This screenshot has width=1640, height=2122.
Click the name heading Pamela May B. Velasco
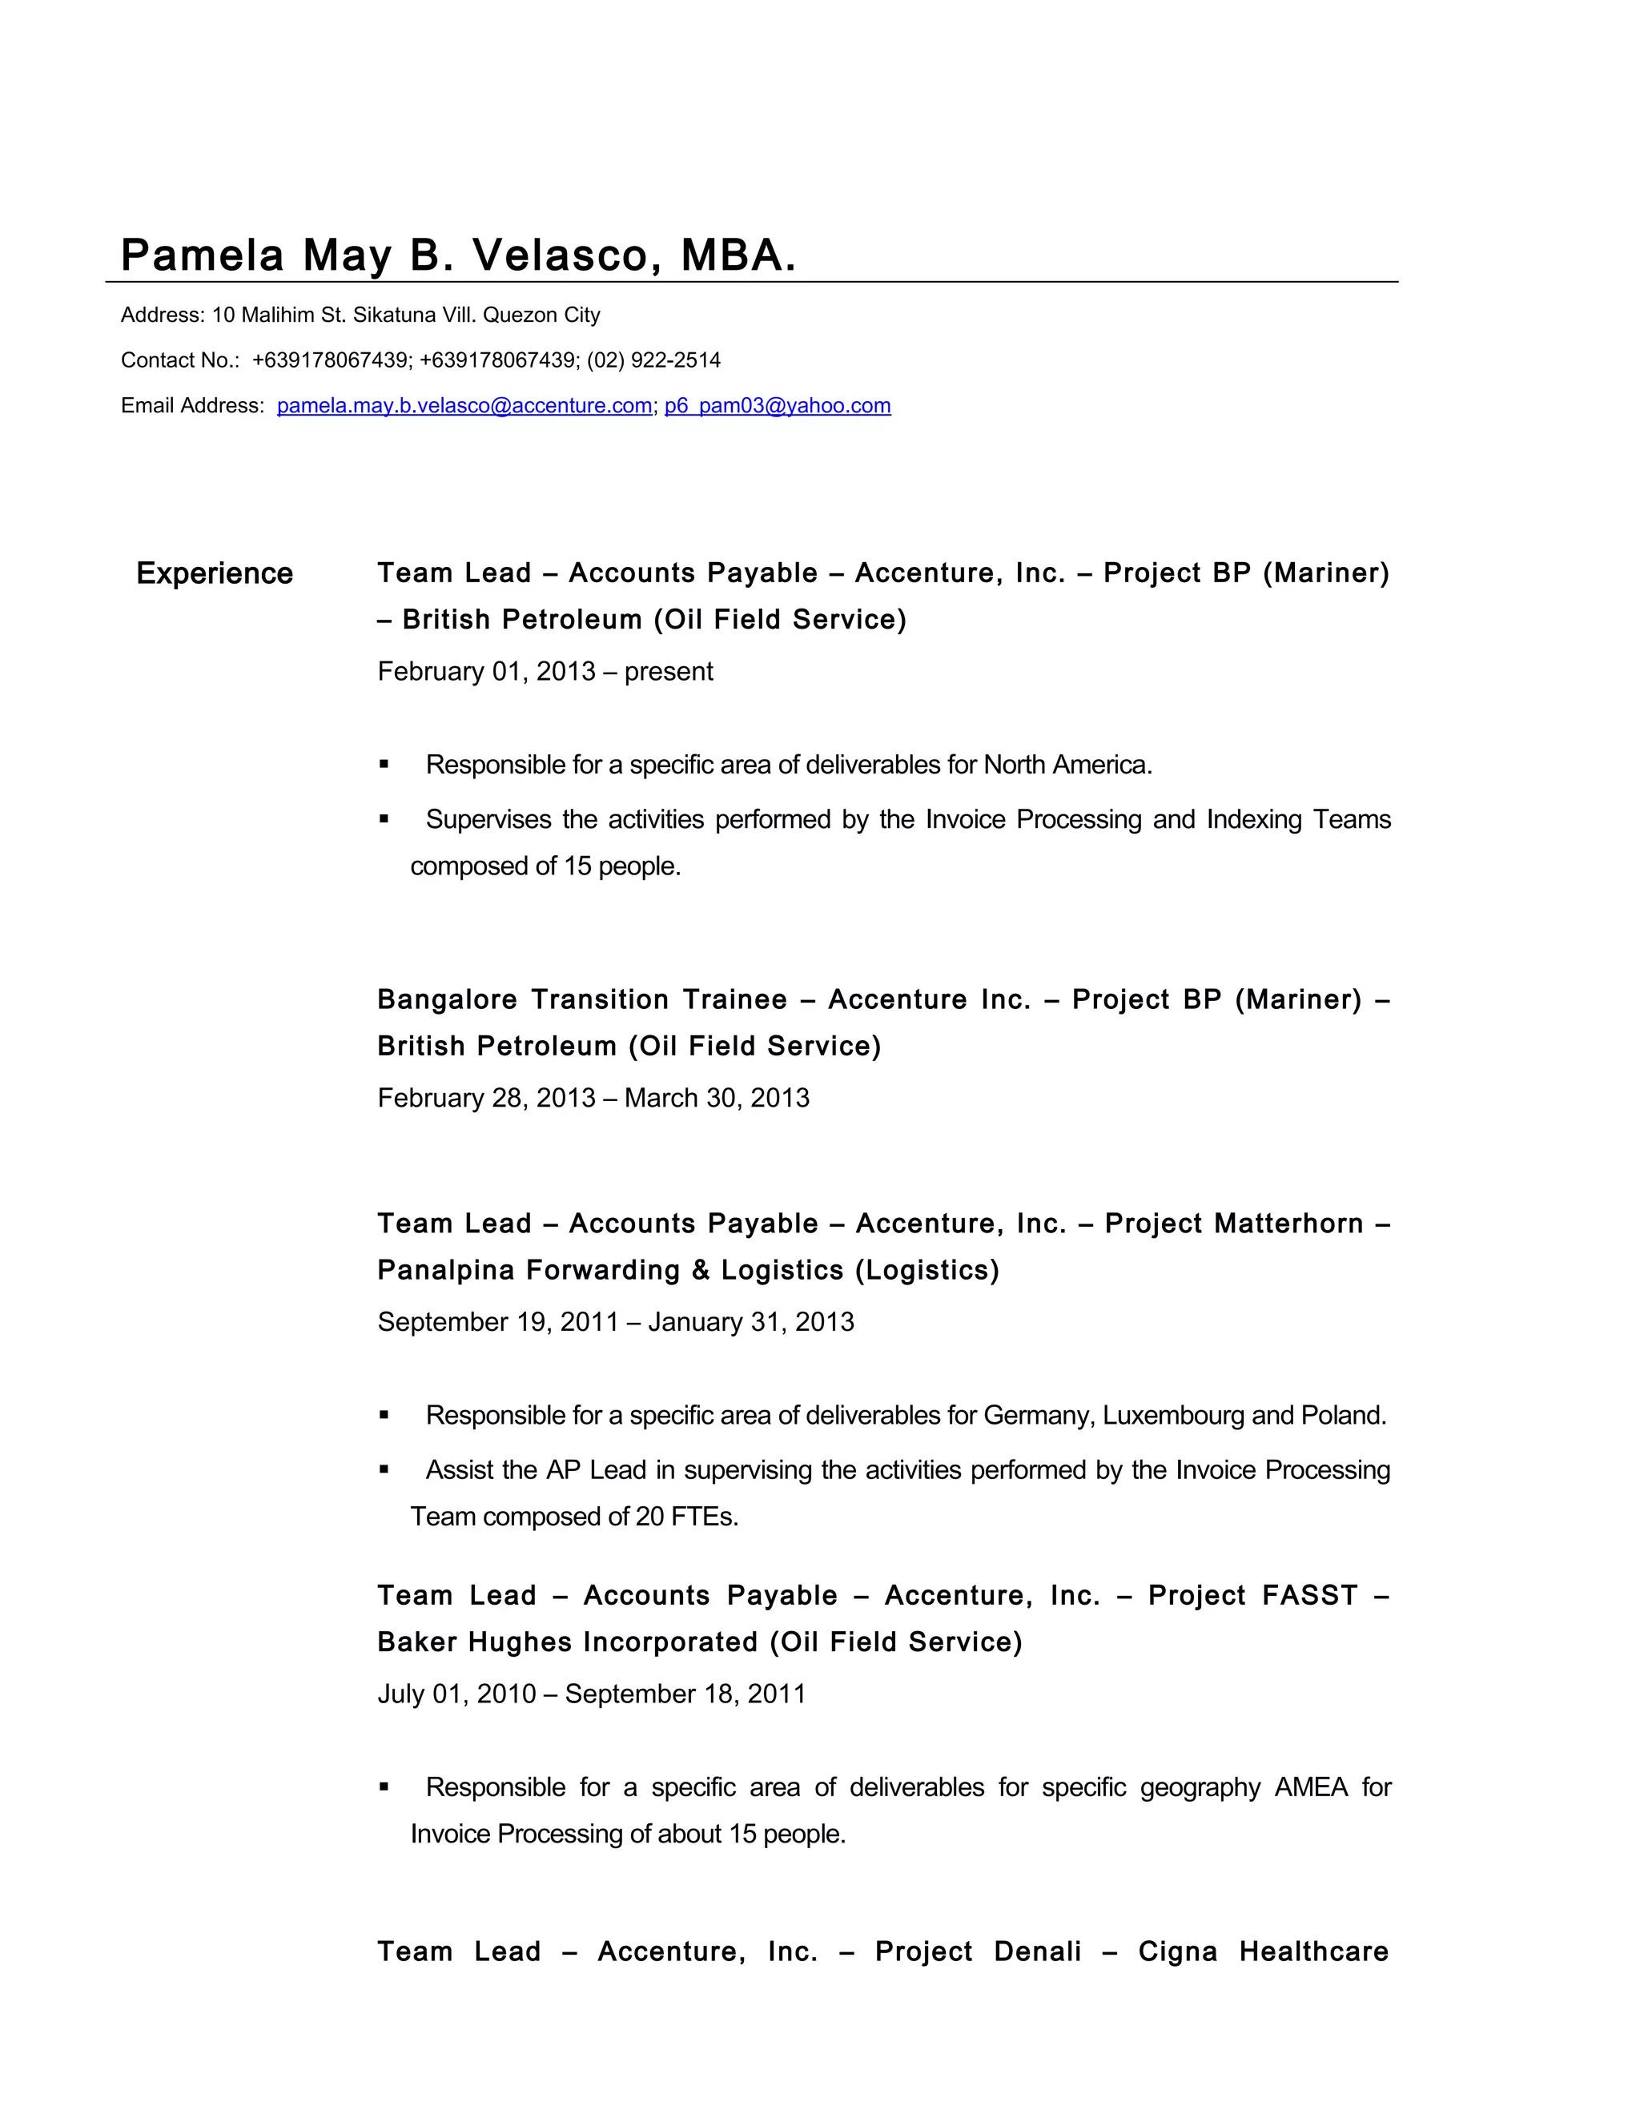(x=456, y=255)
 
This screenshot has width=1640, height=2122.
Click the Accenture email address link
(x=464, y=406)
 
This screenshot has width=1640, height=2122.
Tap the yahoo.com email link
(x=778, y=406)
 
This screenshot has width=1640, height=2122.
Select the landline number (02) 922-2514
(x=654, y=360)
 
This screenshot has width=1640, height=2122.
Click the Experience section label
(x=214, y=573)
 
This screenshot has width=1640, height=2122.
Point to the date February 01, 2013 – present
(x=545, y=671)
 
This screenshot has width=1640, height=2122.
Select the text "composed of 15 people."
(x=545, y=866)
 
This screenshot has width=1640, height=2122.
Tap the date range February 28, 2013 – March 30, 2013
(x=593, y=1098)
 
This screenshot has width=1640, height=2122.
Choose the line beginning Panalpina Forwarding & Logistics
(x=688, y=1270)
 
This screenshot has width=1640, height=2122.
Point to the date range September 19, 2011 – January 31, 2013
(x=615, y=1322)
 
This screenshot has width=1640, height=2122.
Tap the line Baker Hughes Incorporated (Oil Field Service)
(x=700, y=1642)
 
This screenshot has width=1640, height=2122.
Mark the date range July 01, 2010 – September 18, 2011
(x=591, y=1694)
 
